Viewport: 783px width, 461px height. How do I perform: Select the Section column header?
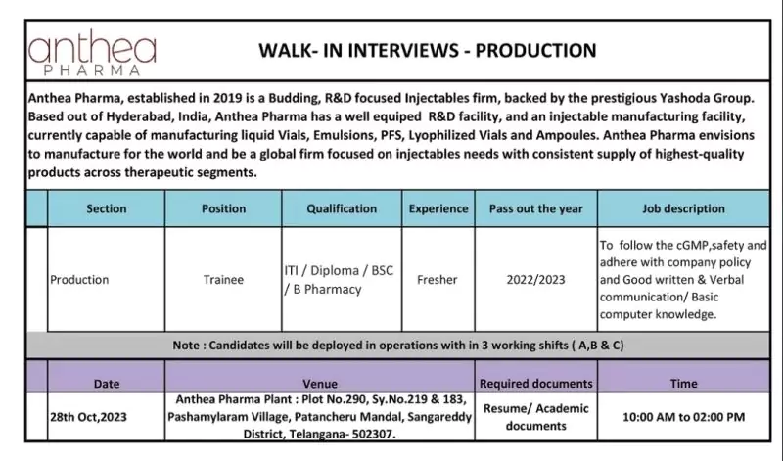click(107, 209)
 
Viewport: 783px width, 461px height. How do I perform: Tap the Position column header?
click(223, 209)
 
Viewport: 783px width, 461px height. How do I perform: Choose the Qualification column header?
click(342, 209)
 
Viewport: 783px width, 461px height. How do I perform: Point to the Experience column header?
click(438, 209)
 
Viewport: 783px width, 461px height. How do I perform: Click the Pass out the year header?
click(535, 209)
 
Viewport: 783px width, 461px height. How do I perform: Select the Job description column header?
click(682, 209)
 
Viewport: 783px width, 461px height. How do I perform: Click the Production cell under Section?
click(80, 280)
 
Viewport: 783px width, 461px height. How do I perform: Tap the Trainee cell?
click(223, 280)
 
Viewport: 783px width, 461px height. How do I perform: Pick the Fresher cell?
click(438, 280)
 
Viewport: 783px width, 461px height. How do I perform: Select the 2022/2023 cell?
click(535, 280)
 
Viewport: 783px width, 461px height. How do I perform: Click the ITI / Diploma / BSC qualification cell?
click(338, 280)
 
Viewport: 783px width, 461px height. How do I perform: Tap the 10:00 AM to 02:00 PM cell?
click(683, 416)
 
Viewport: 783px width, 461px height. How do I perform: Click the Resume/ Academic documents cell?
click(535, 416)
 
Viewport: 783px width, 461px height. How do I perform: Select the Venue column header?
click(326, 384)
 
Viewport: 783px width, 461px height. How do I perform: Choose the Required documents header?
click(535, 384)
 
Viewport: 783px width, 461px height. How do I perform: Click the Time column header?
click(683, 384)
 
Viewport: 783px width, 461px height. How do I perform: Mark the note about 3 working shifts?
click(398, 346)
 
